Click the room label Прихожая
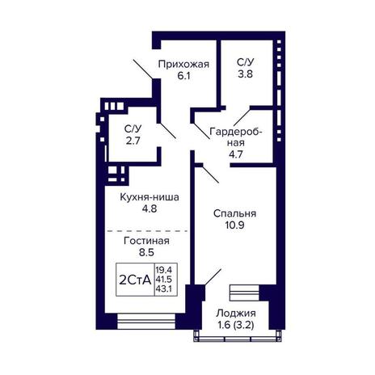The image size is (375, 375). tap(183, 65)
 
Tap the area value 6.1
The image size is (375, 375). tap(183, 76)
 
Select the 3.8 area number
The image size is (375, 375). tap(245, 74)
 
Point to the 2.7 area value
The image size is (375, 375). tap(133, 141)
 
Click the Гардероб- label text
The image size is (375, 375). tap(236, 132)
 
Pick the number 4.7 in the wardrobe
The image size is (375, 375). tap(236, 154)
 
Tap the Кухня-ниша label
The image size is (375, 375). tap(150, 197)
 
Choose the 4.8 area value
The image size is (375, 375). tap(150, 209)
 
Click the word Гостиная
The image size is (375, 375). tap(146, 241)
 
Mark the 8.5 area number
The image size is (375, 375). tap(146, 253)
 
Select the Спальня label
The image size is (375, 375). tap(234, 213)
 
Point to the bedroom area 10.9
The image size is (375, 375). tap(234, 225)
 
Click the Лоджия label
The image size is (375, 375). tap(236, 314)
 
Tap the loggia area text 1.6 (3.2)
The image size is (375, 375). tap(236, 325)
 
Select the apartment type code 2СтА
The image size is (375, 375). tap(135, 280)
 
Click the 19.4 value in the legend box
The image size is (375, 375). tap(164, 269)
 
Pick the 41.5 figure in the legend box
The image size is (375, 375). tap(164, 279)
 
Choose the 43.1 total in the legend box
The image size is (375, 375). tap(164, 289)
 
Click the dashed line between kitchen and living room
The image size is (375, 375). tap(148, 231)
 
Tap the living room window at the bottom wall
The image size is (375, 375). tap(146, 321)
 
